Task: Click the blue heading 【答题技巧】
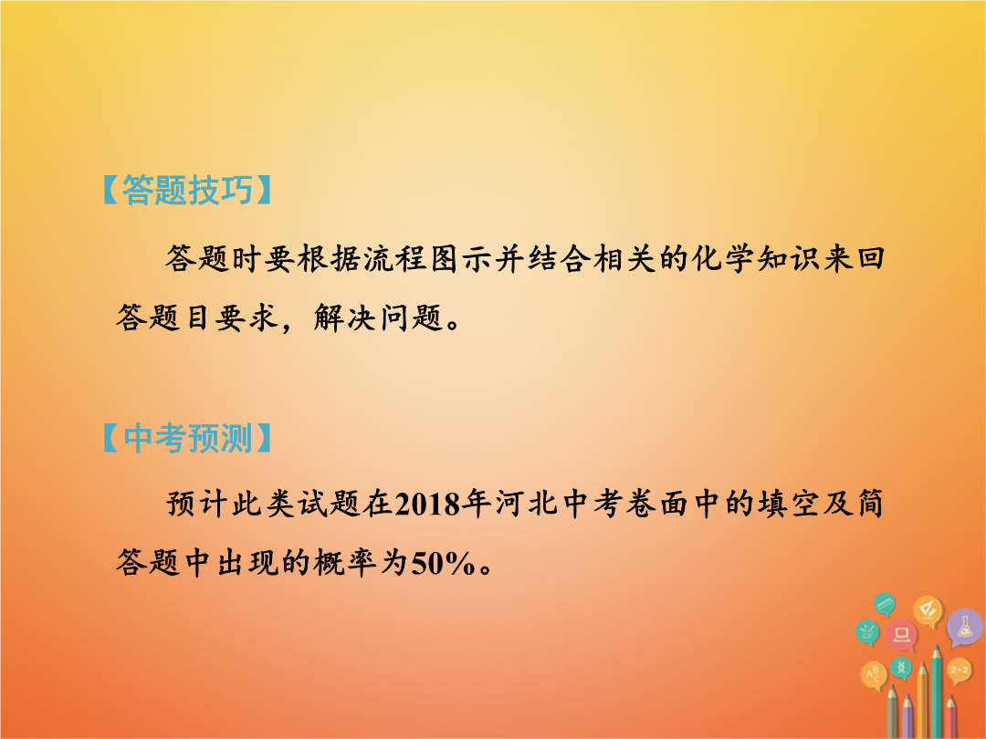click(x=187, y=190)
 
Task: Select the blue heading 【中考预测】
click(x=187, y=438)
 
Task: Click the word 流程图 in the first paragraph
click(x=411, y=258)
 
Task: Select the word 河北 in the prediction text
click(x=527, y=504)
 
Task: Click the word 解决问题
click(x=378, y=317)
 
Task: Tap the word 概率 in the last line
click(x=344, y=562)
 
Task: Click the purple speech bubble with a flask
click(x=964, y=627)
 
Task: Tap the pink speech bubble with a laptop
click(x=902, y=635)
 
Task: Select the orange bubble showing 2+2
click(x=959, y=671)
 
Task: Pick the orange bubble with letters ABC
click(x=874, y=675)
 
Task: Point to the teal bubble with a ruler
click(x=885, y=604)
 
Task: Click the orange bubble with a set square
click(x=928, y=610)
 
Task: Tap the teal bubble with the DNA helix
click(x=901, y=667)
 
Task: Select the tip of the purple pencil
click(x=907, y=695)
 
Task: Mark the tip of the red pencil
click(x=950, y=695)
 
